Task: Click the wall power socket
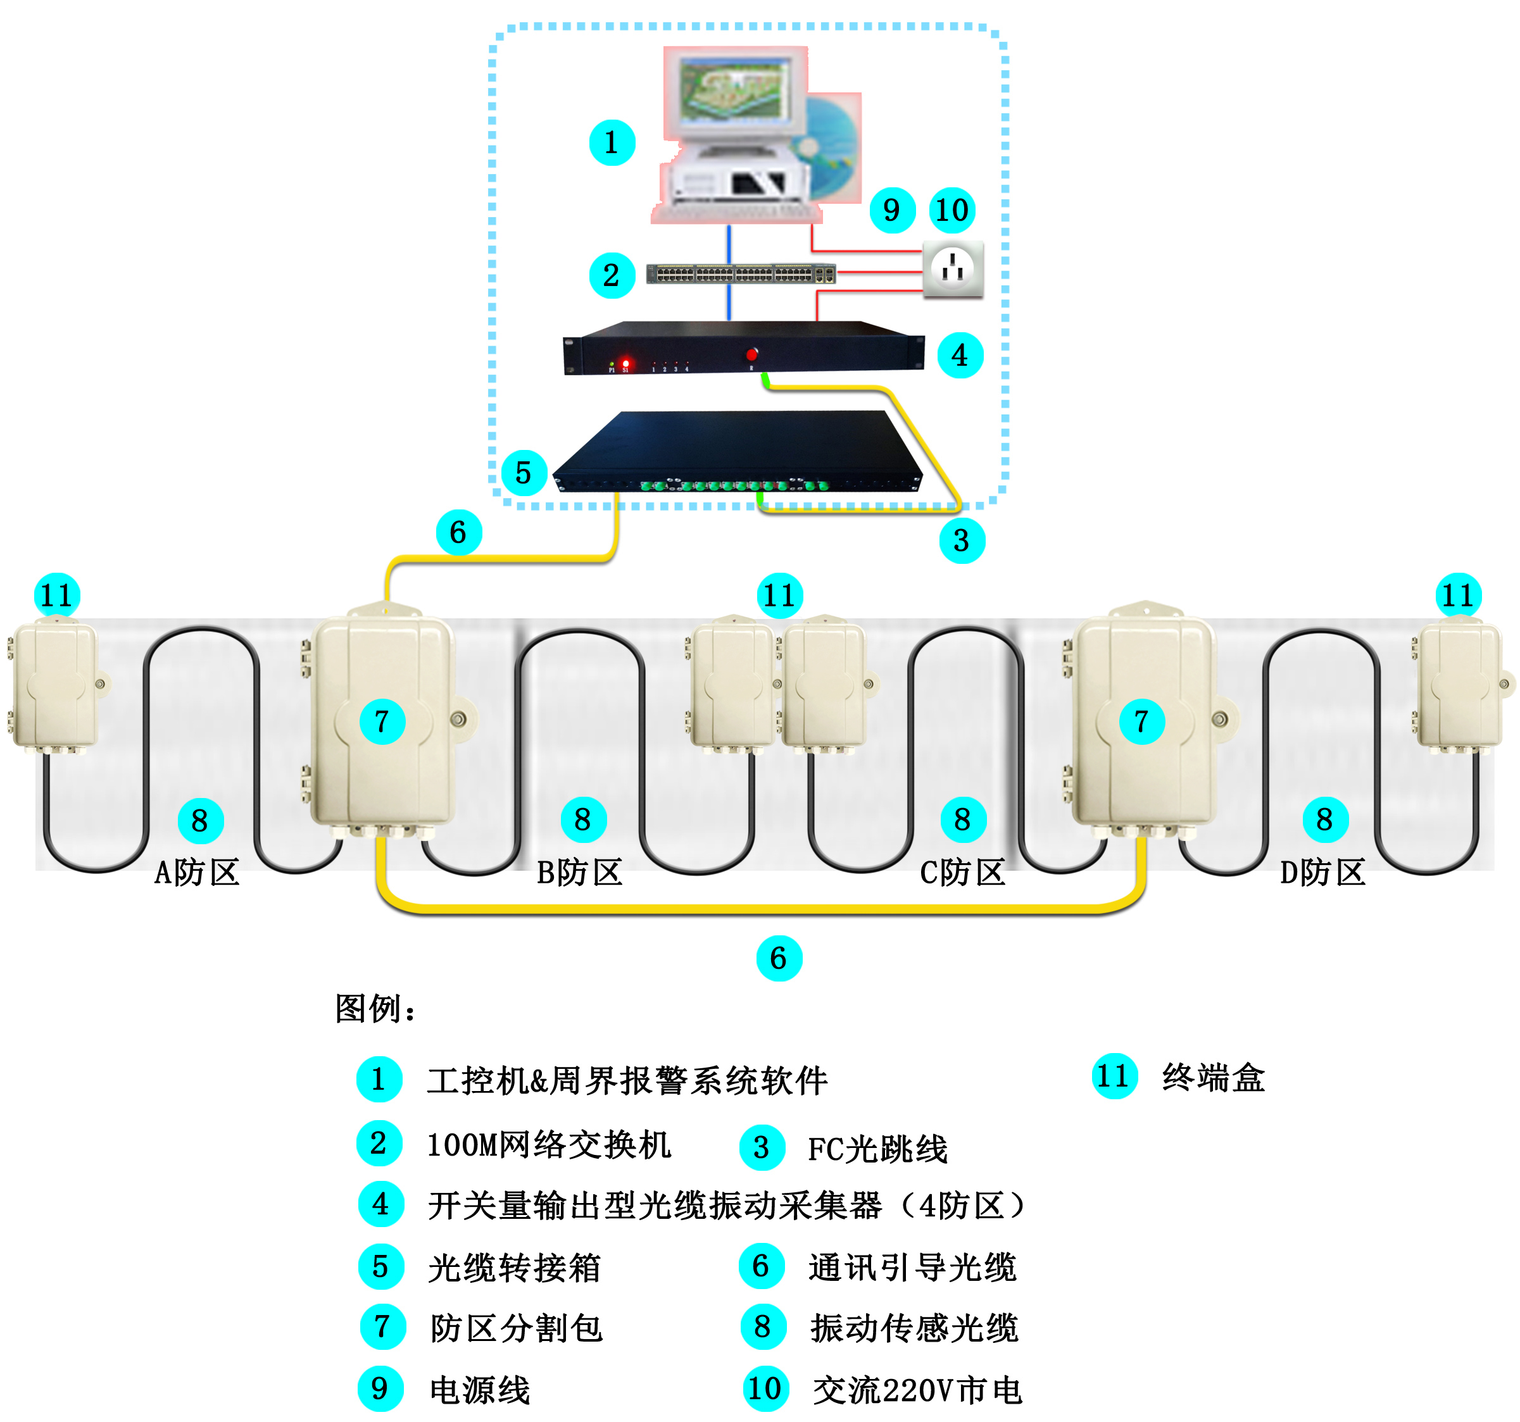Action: [953, 268]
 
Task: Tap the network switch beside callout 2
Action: [740, 273]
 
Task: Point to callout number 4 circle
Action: [960, 356]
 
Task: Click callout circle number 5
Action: [524, 473]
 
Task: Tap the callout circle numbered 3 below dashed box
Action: [961, 540]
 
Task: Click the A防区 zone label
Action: [198, 872]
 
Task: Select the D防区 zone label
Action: [1322, 872]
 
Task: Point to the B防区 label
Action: [579, 872]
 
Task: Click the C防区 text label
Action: [962, 872]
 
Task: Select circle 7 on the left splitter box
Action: [382, 721]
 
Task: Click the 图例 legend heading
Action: [375, 1009]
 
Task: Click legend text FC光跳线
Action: [877, 1149]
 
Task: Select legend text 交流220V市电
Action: [917, 1390]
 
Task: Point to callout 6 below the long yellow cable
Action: [778, 958]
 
